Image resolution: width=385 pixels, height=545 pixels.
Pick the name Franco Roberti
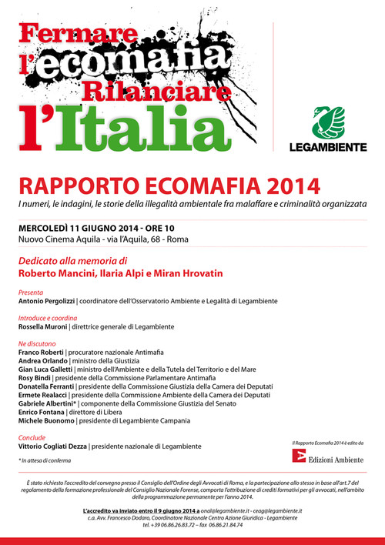[x=42, y=352]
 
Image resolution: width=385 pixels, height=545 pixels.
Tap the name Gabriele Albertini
[x=48, y=403]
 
